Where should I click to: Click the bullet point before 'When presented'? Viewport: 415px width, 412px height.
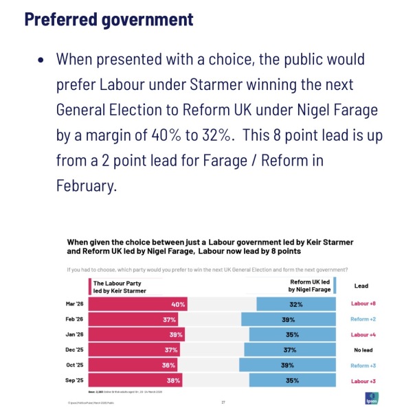(42, 60)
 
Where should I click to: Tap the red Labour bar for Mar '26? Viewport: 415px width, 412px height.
(137, 304)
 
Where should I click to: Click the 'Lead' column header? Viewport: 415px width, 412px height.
(361, 285)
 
